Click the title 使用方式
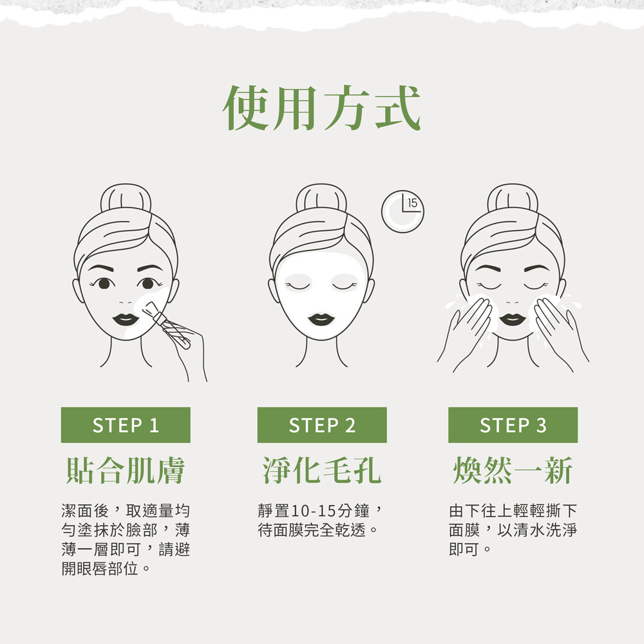321,108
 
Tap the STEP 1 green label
126,425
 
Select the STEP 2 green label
322,425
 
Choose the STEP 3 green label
513,425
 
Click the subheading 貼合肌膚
126,470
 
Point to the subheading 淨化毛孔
322,470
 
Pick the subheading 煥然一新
513,470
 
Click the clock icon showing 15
402,211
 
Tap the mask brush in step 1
166,325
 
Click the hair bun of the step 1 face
126,198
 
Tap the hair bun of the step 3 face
513,198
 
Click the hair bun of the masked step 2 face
321,198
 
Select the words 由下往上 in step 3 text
480,511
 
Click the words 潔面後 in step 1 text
85,511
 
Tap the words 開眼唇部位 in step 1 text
100,569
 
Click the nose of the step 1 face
126,302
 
